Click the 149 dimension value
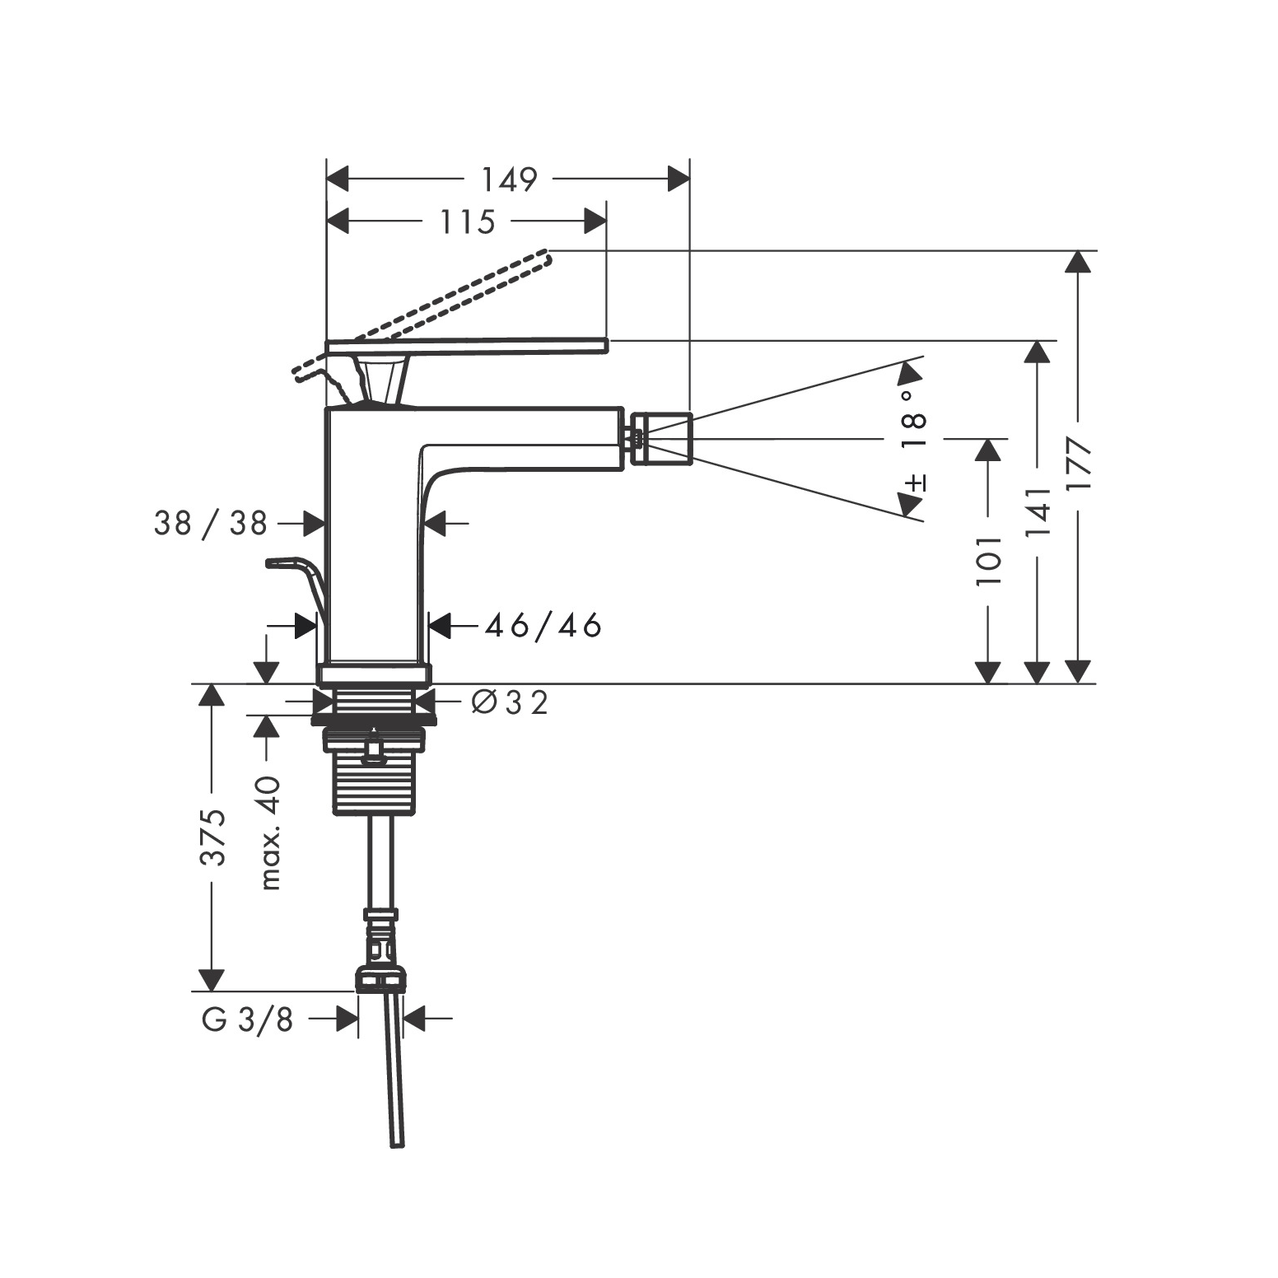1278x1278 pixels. (x=509, y=180)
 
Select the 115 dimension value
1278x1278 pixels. (x=467, y=222)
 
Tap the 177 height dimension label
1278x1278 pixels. (x=1078, y=466)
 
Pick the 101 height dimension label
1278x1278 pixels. (x=989, y=561)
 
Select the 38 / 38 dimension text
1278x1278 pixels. (x=211, y=523)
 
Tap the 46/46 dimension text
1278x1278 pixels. (x=543, y=627)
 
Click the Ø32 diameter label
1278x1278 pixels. (x=510, y=702)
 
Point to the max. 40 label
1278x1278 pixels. (x=269, y=833)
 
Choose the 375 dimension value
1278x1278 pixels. (x=212, y=837)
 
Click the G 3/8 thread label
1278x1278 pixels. (x=248, y=1020)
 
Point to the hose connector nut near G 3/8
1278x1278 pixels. (x=380, y=980)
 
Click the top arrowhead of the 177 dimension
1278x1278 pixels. (x=1077, y=261)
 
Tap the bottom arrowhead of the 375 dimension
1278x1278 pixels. (x=212, y=980)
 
